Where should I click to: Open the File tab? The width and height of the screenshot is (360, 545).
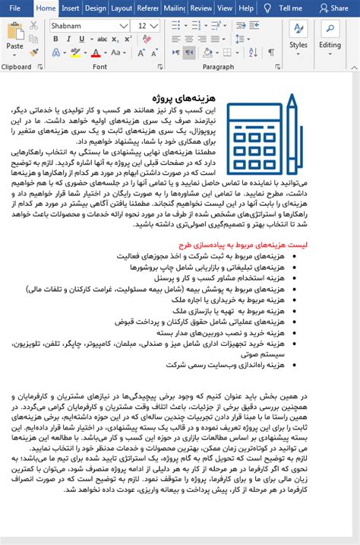pos(15,8)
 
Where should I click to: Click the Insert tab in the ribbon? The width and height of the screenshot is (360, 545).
pos(71,8)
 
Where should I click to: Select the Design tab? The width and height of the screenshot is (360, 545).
pos(96,8)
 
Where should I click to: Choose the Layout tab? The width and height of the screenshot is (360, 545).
pos(122,8)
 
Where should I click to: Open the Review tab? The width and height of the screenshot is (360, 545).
pos(201,8)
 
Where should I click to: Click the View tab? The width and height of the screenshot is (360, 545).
pos(224,8)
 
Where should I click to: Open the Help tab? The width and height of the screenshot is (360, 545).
pos(246,8)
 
